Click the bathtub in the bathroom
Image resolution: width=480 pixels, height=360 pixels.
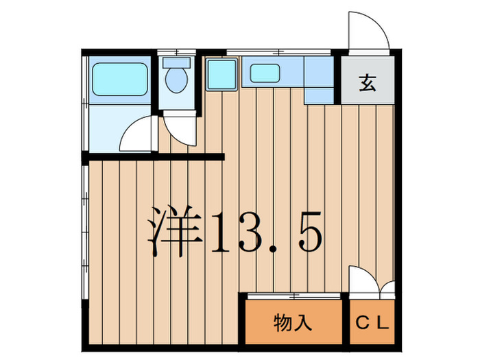[120, 80]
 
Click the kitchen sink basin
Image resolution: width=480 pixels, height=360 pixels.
[264, 71]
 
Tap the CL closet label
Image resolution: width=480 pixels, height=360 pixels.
[372, 322]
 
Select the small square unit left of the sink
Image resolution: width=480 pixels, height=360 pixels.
[221, 72]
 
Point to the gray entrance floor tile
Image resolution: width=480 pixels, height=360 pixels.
[368, 79]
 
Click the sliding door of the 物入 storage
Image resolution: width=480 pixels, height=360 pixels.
[293, 296]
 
